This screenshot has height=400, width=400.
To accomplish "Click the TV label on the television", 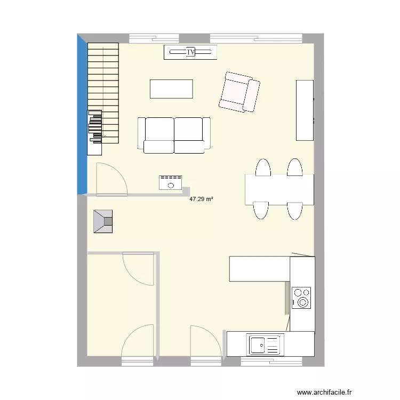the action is coord(190,52).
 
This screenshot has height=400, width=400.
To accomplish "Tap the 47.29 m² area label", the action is coord(201,199).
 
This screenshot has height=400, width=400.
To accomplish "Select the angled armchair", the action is coord(239,92).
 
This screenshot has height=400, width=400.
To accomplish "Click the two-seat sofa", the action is coord(174,135).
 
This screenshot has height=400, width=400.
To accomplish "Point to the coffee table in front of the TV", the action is coord(171,89).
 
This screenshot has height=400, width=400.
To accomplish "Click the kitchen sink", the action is coord(265,345).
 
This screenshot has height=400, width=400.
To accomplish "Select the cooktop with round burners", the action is coord(301,298).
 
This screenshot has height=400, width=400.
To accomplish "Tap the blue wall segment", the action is coord(82,115).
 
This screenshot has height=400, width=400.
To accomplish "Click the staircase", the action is coord(103,93).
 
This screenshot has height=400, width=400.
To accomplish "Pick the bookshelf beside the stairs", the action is coord(94,133).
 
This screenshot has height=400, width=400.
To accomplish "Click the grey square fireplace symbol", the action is coord(103,221).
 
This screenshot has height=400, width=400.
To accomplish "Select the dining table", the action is coord(279,189).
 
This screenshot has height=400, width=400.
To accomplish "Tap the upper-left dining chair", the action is coord(263,167).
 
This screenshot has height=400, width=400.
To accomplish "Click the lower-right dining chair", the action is coord(295,211).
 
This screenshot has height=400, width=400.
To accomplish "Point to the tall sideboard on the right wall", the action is coord(305,110).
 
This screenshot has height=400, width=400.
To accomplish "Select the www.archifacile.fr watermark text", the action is coord(324,392).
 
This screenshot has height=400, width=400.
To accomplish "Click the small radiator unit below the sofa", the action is coord(171,182).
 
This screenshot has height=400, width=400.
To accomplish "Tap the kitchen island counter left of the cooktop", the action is coord(259,269).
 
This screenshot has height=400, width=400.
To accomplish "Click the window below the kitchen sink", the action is coord(271,362).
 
